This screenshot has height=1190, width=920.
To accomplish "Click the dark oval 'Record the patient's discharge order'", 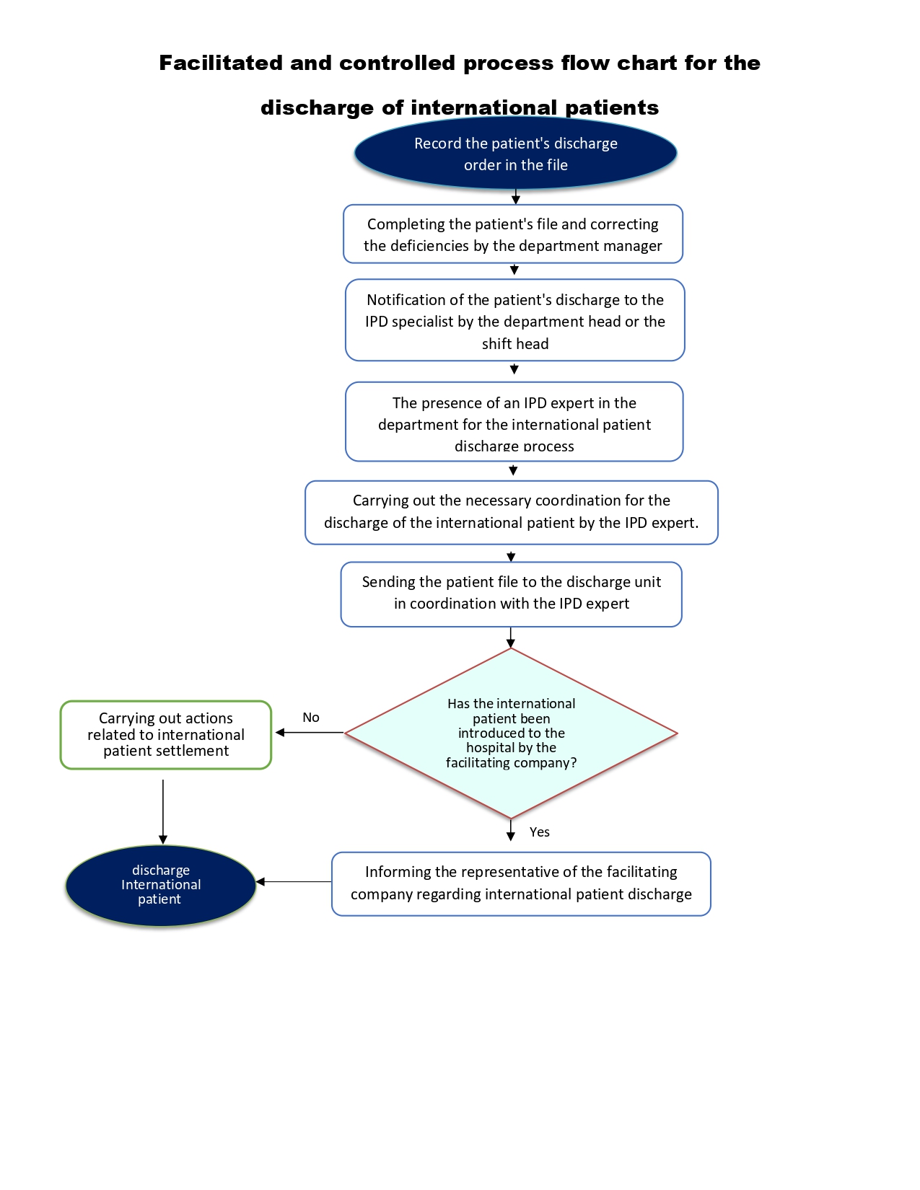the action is (515, 153).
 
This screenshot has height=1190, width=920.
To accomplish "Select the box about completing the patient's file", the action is (513, 234).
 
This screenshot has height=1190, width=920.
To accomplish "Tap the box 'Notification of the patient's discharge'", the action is (515, 320).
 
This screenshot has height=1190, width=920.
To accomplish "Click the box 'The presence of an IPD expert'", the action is (514, 422).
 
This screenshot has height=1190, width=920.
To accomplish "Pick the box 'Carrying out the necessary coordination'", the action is (512, 513).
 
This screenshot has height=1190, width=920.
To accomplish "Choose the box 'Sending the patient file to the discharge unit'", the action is (512, 594).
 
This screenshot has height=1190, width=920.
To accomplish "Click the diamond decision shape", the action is (512, 733).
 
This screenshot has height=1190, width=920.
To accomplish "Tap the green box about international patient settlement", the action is (165, 735).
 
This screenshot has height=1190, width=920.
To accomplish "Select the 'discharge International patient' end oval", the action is (160, 886).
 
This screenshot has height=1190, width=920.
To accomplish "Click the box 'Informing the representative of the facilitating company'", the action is (521, 884).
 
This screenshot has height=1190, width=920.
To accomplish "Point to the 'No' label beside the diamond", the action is (311, 718).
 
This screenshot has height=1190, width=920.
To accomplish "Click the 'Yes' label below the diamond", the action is (539, 832).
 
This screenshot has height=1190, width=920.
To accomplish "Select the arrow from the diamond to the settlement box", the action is (310, 733).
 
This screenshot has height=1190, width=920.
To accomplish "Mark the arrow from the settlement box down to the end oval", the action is (163, 812).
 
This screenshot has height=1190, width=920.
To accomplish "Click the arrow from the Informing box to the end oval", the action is (294, 882).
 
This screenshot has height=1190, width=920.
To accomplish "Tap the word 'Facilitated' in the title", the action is (221, 63).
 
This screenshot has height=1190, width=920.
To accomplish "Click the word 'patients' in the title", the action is (611, 108).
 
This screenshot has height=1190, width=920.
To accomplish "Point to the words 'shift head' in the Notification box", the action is (515, 344).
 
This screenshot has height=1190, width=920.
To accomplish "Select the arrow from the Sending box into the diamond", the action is (511, 638).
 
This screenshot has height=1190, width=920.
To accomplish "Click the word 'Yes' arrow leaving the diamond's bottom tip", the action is (511, 830).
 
